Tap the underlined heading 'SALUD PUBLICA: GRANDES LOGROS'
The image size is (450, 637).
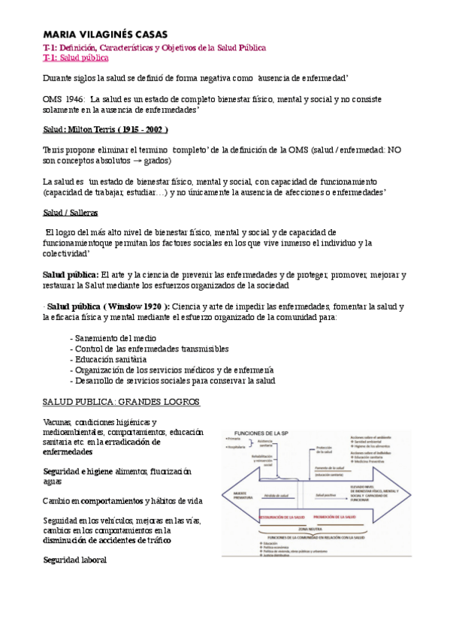(122, 402)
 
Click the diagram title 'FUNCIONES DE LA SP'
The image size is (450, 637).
(262, 433)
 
